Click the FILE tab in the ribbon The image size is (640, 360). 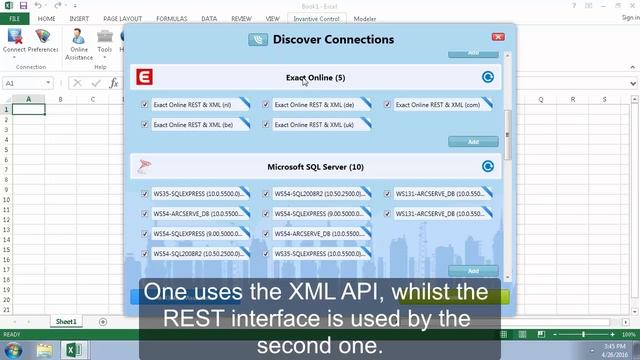(14, 18)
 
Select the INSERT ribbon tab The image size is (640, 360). (79, 18)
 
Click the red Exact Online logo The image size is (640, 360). (146, 77)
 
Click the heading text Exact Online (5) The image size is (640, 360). (315, 77)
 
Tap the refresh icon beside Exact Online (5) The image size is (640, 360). (488, 77)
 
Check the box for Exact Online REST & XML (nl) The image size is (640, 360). (146, 104)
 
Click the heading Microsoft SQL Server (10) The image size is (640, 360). (315, 167)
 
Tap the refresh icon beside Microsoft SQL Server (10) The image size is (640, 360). (488, 167)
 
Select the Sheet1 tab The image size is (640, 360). (66, 321)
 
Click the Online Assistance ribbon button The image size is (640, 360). (79, 45)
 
